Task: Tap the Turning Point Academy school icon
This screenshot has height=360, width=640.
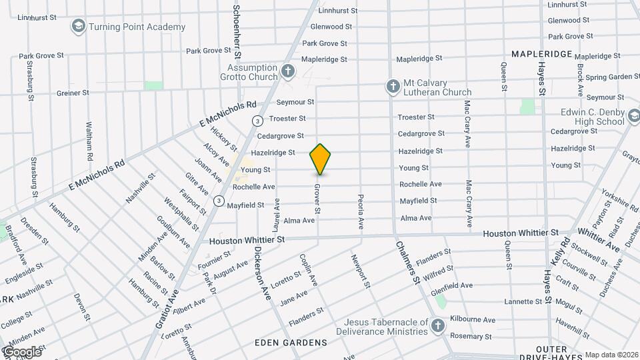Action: pyautogui.click(x=79, y=27)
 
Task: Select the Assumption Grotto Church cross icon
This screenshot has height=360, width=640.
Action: pyautogui.click(x=287, y=71)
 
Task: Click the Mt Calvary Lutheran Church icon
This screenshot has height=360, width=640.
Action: pyautogui.click(x=393, y=86)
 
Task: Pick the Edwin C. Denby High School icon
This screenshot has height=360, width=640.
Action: pyautogui.click(x=635, y=117)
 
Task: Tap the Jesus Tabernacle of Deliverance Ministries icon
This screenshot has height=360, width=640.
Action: pyautogui.click(x=437, y=326)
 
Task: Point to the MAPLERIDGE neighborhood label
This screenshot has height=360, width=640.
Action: pyautogui.click(x=542, y=53)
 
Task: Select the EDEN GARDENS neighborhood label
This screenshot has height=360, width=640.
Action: pyautogui.click(x=291, y=343)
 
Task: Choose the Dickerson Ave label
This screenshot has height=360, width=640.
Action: pyautogui.click(x=262, y=273)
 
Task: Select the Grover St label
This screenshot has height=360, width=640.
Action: pyautogui.click(x=317, y=199)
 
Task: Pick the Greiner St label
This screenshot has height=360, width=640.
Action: pyautogui.click(x=73, y=93)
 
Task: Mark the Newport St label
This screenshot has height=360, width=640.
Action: pyautogui.click(x=360, y=270)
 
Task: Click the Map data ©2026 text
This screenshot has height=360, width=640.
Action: pyautogui.click(x=611, y=355)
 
